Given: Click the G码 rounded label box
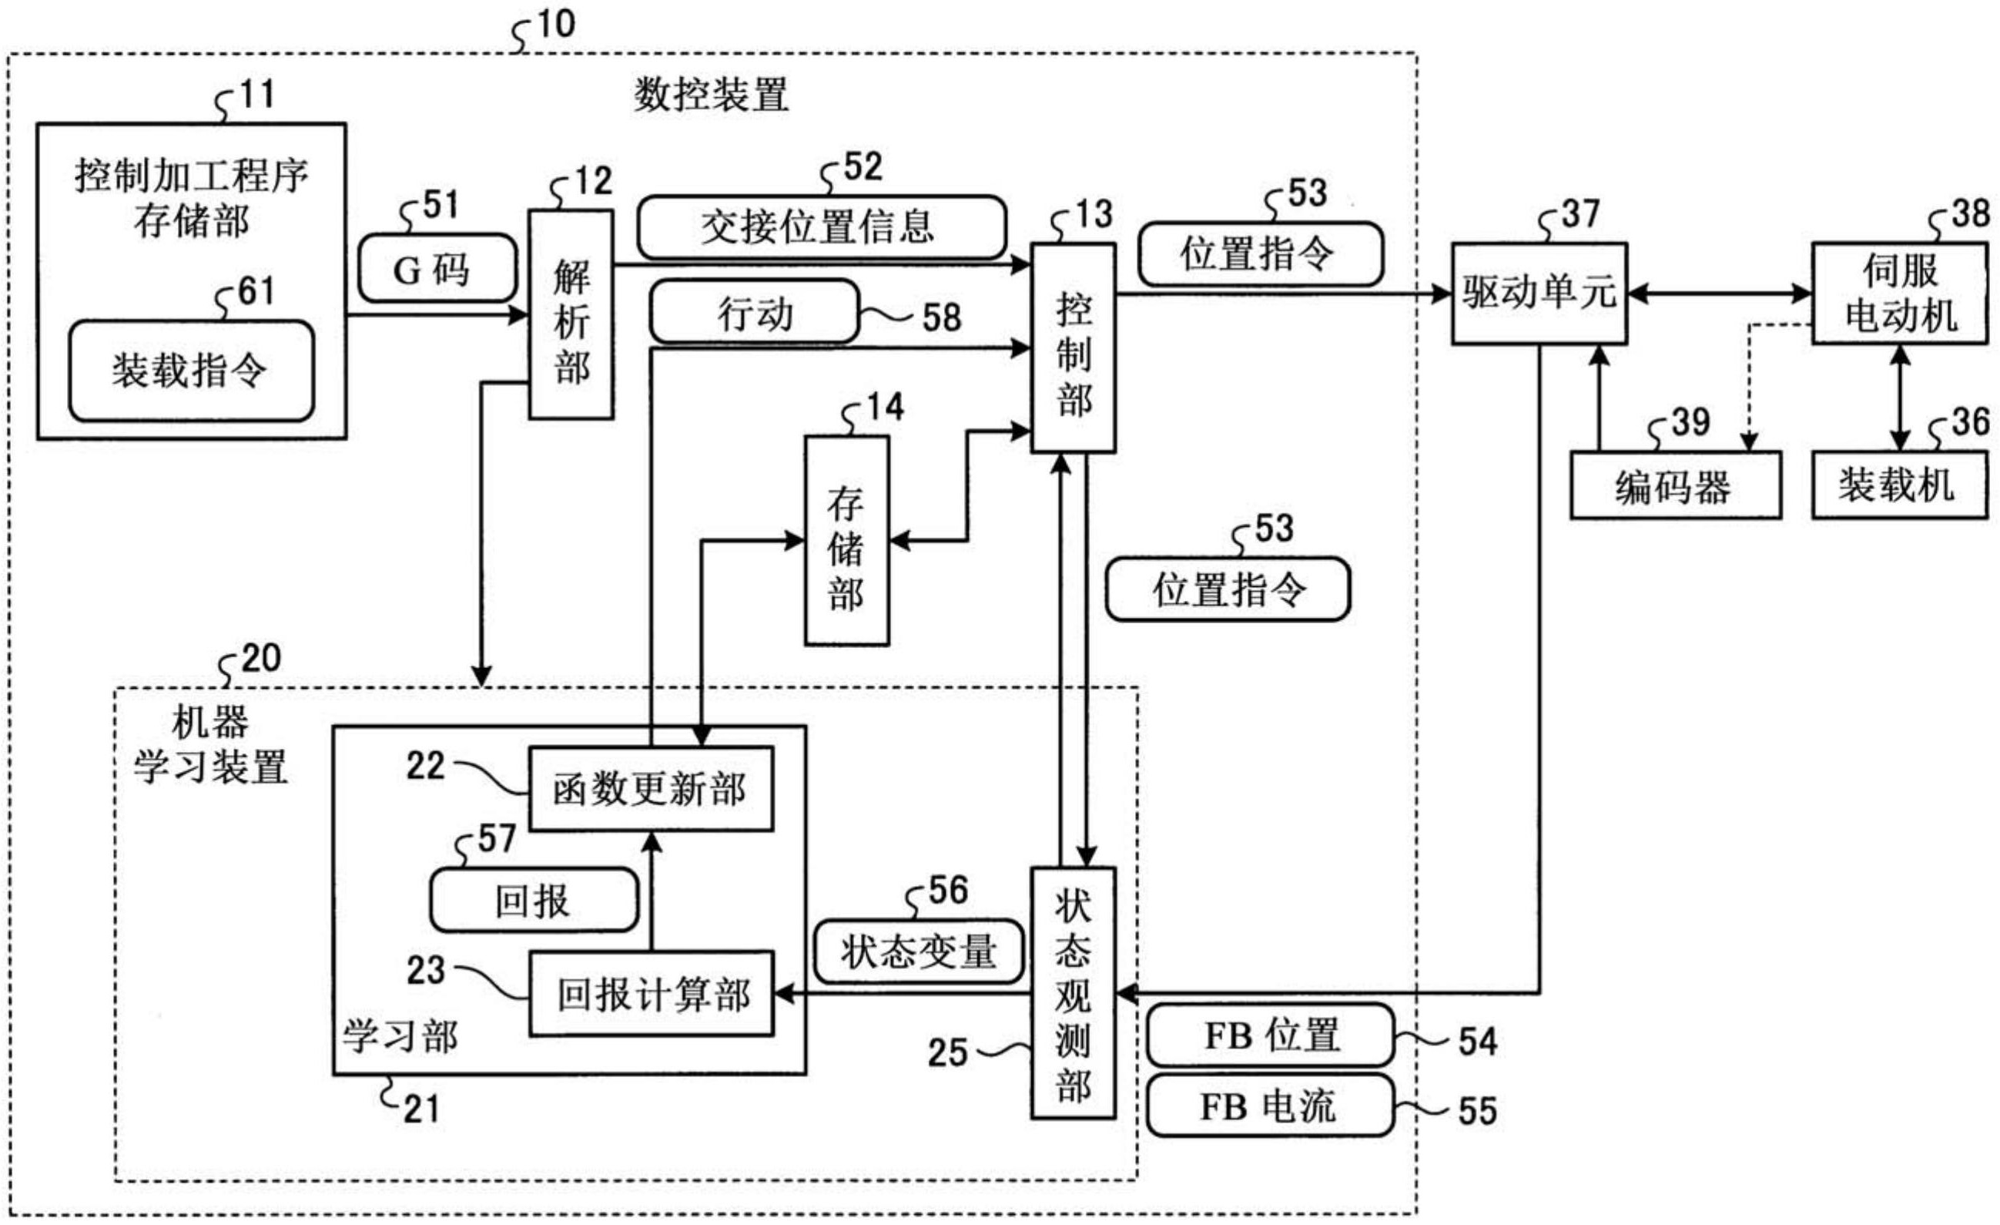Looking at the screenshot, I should tap(437, 269).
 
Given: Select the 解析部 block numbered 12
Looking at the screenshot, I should tap(571, 314).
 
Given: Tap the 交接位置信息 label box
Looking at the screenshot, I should tap(821, 227).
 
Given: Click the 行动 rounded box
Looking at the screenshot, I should tap(753, 312).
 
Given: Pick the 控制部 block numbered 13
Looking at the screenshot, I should tap(1072, 348).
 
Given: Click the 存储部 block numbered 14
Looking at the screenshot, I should tap(846, 541).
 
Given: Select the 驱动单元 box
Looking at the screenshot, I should tap(1538, 293).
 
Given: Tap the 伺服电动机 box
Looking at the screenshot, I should tap(1899, 293).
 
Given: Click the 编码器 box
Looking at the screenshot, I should tap(1674, 485).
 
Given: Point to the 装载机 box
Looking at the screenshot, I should tap(1899, 485).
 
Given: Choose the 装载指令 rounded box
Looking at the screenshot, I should tap(191, 371).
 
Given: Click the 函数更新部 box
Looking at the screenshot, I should tap(650, 789).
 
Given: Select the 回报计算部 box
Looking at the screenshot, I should tap(650, 994).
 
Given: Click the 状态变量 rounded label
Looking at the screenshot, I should tap(918, 951).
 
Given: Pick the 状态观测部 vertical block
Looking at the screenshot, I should tap(1072, 993).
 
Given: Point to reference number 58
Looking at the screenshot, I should tap(942, 317).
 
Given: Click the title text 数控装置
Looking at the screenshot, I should tap(710, 96).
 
